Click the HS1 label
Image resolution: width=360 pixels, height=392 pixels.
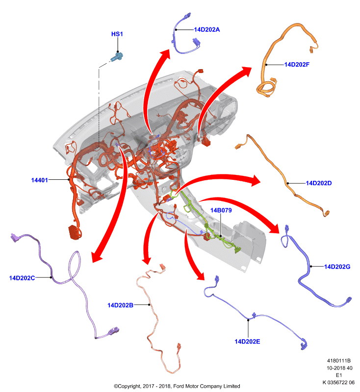pyautogui.click(x=117, y=34)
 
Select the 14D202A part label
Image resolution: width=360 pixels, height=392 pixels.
pyautogui.click(x=207, y=29)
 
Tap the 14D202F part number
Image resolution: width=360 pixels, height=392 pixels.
pyautogui.click(x=297, y=65)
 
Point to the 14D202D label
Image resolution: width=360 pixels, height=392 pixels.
pyautogui.click(x=319, y=183)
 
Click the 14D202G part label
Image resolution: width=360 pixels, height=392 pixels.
pyautogui.click(x=337, y=267)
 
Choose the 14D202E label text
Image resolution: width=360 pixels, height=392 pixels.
pyautogui.click(x=247, y=342)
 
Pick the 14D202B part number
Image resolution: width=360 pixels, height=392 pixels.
pyautogui.click(x=120, y=305)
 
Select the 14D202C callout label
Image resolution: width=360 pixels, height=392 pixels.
pyautogui.click(x=22, y=278)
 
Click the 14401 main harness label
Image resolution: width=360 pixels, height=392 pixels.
pyautogui.click(x=40, y=180)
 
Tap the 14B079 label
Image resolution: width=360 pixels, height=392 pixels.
pyautogui.click(x=221, y=210)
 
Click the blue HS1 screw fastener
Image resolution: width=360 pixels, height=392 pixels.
pyautogui.click(x=117, y=57)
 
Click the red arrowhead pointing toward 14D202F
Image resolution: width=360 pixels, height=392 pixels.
pyautogui.click(x=246, y=71)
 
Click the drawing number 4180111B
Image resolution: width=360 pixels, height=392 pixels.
pyautogui.click(x=339, y=361)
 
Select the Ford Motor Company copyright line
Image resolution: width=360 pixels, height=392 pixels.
pyautogui.click(x=177, y=386)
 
